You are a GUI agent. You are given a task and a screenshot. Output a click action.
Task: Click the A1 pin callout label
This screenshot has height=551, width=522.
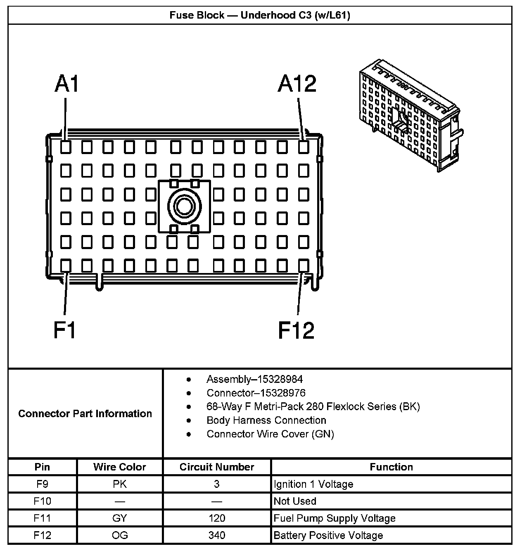pos(66,84)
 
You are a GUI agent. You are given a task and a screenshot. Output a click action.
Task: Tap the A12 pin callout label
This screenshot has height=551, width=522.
pos(297,84)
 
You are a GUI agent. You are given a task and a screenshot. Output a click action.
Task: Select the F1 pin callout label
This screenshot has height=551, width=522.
pos(65,330)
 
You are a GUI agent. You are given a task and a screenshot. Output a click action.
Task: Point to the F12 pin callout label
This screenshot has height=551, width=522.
pos(296,330)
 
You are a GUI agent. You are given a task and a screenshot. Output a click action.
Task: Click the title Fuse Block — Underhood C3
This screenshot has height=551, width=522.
pos(260,16)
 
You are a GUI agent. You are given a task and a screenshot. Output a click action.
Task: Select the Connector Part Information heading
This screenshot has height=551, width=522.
pos(85,413)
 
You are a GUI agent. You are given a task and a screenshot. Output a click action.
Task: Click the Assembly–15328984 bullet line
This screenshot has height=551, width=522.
pos(254,379)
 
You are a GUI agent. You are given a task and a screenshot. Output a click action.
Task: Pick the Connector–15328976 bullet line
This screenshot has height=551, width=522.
pos(256,393)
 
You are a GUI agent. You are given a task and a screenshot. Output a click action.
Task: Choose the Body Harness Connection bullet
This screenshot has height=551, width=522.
pos(266,420)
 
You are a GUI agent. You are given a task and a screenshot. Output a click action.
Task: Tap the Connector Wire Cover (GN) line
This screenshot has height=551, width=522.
pos(270,434)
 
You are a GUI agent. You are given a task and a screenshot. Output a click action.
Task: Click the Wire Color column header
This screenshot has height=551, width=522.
pos(119,467)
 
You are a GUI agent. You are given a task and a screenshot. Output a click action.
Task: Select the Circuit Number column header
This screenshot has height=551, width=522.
pos(217,467)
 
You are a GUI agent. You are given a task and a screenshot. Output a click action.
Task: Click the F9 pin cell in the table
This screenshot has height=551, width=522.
pos(42,484)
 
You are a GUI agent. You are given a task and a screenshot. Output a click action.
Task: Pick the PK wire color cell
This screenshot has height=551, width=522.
pos(119,484)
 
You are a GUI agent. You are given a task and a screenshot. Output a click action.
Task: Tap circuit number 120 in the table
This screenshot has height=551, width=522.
pos(217,518)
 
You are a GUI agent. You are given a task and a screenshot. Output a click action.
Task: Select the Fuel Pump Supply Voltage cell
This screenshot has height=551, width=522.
pos(335,518)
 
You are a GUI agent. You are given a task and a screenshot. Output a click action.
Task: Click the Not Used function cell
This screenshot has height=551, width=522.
pos(295,501)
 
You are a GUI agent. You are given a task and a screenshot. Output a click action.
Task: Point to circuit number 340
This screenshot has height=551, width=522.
pos(217,536)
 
